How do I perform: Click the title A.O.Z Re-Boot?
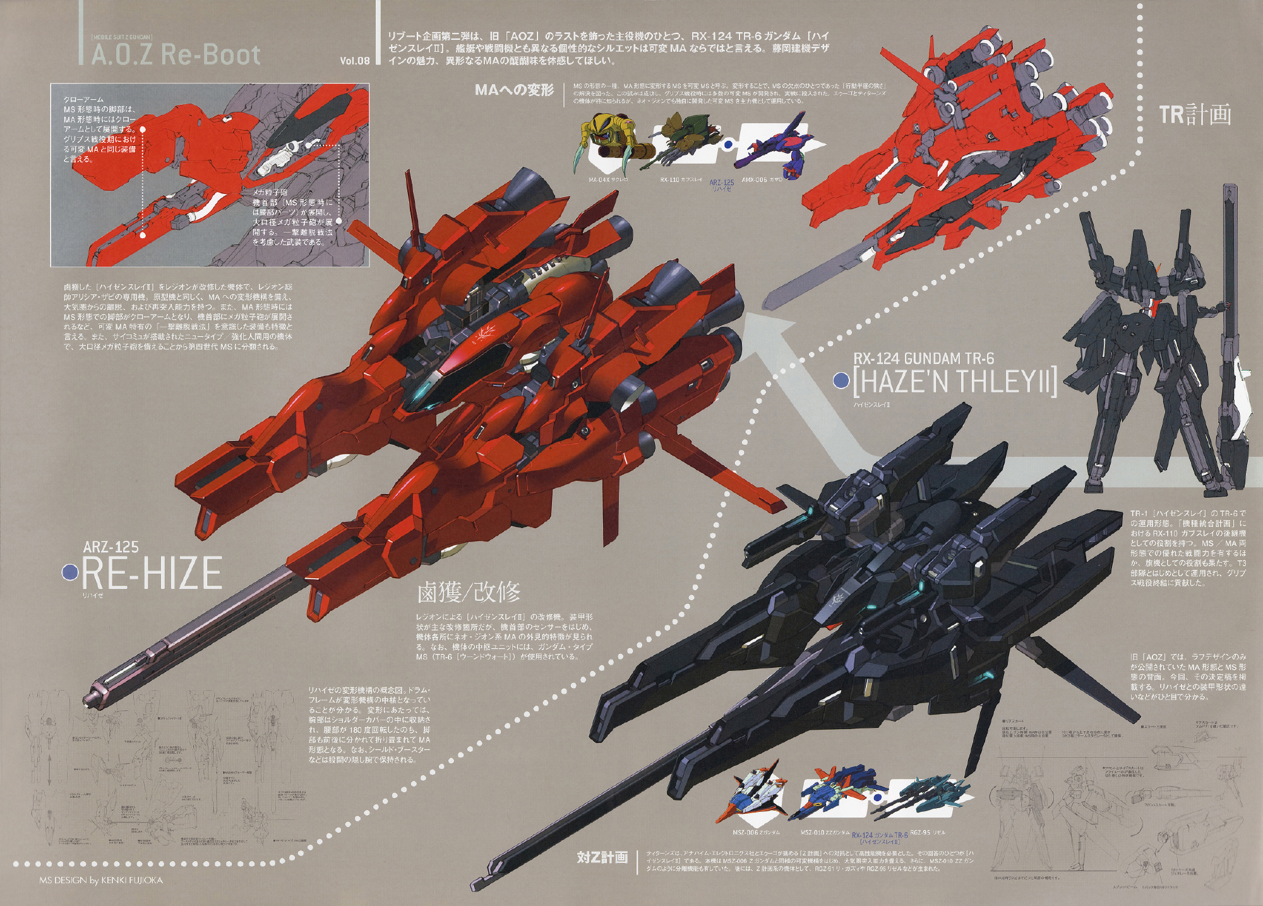pyautogui.click(x=176, y=55)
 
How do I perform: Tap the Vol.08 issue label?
pyautogui.click(x=354, y=61)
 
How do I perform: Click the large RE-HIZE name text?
pyautogui.click(x=152, y=572)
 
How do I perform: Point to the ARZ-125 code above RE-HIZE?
pyautogui.click(x=111, y=547)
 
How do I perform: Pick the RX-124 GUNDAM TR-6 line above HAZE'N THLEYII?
pyautogui.click(x=924, y=359)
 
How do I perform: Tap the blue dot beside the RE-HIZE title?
pyautogui.click(x=70, y=572)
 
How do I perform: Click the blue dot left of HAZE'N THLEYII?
pyautogui.click(x=841, y=381)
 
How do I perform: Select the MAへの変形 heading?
pyautogui.click(x=514, y=90)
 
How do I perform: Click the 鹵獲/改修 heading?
pyautogui.click(x=469, y=592)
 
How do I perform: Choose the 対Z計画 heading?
pyautogui.click(x=602, y=857)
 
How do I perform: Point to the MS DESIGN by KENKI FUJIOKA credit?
pyautogui.click(x=101, y=880)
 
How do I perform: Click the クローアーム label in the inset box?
pyautogui.click(x=83, y=100)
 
